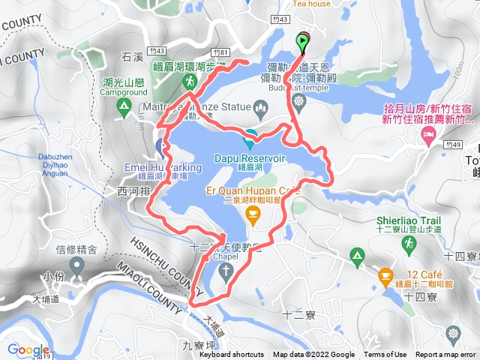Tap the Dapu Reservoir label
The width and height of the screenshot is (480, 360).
[x=250, y=159]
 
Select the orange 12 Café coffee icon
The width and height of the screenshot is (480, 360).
[x=385, y=275]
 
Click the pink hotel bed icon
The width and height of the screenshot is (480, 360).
[x=428, y=136]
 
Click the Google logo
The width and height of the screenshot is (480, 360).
[x=28, y=349]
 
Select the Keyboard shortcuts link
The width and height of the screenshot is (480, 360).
[x=231, y=355]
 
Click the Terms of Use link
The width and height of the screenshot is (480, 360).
[x=385, y=355]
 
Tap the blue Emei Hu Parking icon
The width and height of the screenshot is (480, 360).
[x=160, y=145]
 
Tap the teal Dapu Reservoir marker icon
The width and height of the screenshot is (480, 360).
[x=250, y=136]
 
